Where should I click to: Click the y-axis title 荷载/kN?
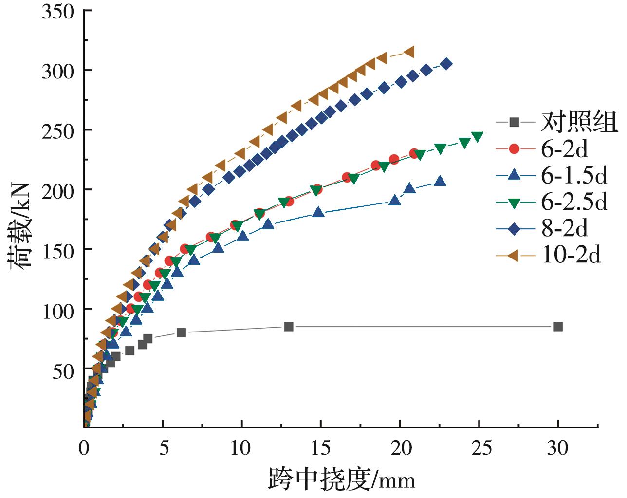(x=20, y=225)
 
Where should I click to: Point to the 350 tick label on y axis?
(x=57, y=12)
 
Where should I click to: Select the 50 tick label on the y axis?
(x=62, y=371)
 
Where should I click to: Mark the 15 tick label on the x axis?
(x=321, y=447)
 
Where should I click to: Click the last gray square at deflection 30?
(x=558, y=327)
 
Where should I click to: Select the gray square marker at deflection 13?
(x=289, y=327)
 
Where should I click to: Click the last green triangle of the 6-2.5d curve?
(x=477, y=137)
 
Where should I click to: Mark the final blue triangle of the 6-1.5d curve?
(x=440, y=181)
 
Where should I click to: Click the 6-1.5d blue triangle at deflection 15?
(x=318, y=212)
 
